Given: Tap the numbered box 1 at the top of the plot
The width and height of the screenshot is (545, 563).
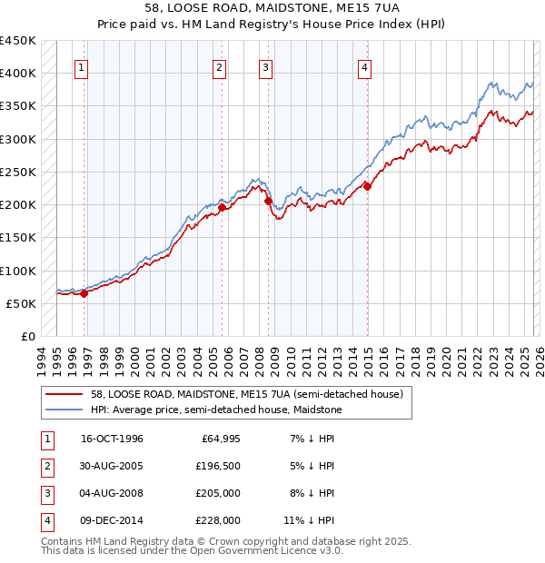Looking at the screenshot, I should [82, 66].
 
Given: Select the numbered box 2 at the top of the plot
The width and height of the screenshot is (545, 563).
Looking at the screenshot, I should [220, 66].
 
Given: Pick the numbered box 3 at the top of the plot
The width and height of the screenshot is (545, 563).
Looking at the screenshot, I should [265, 66].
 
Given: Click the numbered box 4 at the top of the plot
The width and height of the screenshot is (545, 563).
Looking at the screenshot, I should [363, 66].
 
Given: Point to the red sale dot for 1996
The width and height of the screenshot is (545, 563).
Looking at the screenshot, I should [84, 293].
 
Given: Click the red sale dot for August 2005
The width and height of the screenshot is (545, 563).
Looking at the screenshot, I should [223, 207].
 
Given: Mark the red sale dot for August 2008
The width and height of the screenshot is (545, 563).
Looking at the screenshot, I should [269, 202].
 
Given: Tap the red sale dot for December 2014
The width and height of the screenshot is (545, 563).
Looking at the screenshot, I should [368, 186].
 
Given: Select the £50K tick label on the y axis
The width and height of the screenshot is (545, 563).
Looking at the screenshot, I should [22, 303].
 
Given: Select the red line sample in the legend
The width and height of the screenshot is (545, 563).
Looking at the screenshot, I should [65, 394].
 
